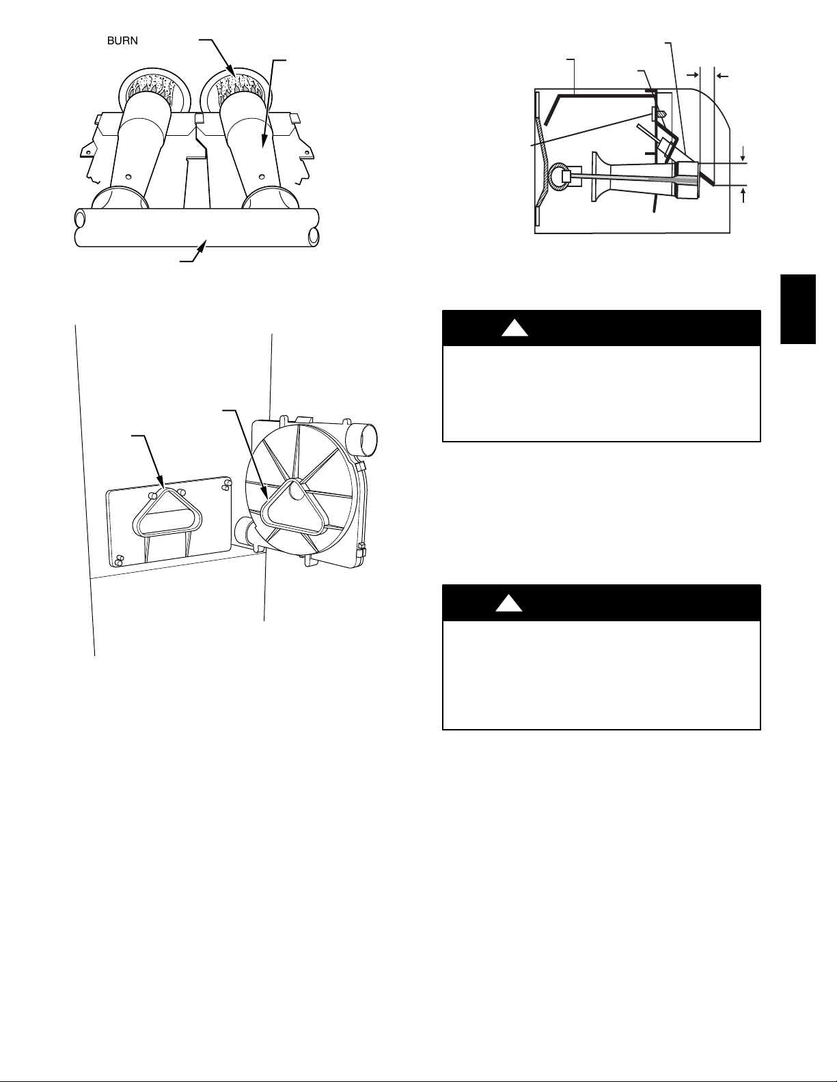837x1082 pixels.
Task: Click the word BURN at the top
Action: click(x=122, y=41)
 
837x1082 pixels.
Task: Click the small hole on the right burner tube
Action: click(x=262, y=175)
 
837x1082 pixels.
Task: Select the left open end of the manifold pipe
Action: click(x=80, y=218)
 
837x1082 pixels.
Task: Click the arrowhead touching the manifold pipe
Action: click(x=203, y=244)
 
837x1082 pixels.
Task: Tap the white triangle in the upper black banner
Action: click(x=514, y=328)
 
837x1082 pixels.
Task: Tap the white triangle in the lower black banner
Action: click(x=508, y=603)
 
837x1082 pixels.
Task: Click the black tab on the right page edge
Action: click(x=798, y=309)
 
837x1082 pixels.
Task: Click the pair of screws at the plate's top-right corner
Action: click(x=227, y=485)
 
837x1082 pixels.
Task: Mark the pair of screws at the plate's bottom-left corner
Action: click(x=119, y=560)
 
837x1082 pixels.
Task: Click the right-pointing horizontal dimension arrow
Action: click(x=693, y=75)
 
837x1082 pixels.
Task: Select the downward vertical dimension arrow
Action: click(x=743, y=154)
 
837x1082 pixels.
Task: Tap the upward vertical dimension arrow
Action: click(x=743, y=195)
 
